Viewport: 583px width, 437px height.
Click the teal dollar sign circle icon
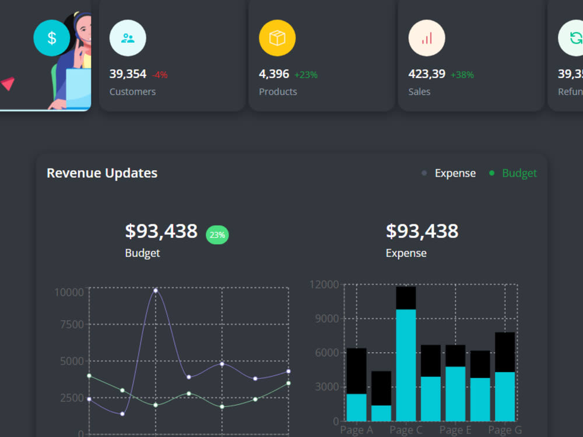(x=51, y=38)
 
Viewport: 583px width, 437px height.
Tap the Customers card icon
(x=128, y=38)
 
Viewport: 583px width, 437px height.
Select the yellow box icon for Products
(x=277, y=38)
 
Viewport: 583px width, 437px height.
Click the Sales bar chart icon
(x=427, y=38)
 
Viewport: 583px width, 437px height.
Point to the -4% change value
(x=160, y=75)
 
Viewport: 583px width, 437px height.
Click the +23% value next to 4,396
(x=305, y=75)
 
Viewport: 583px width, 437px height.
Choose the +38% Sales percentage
(x=462, y=75)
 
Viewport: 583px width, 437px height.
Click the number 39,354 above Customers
(x=128, y=74)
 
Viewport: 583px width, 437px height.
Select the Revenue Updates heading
(x=102, y=173)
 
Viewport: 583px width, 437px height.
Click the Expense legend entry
(x=455, y=173)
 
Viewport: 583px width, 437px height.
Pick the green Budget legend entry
(x=519, y=173)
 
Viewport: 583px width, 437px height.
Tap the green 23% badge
(x=217, y=235)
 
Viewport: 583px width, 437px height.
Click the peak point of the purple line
(x=155, y=290)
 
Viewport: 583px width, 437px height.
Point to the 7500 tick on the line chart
(x=72, y=325)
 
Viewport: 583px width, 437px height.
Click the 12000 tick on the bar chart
(x=324, y=285)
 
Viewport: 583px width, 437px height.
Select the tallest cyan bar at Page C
(x=406, y=364)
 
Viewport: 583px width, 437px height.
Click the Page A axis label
(x=356, y=431)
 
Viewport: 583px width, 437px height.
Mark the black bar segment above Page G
(x=505, y=352)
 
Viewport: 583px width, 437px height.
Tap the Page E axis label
(x=455, y=431)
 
